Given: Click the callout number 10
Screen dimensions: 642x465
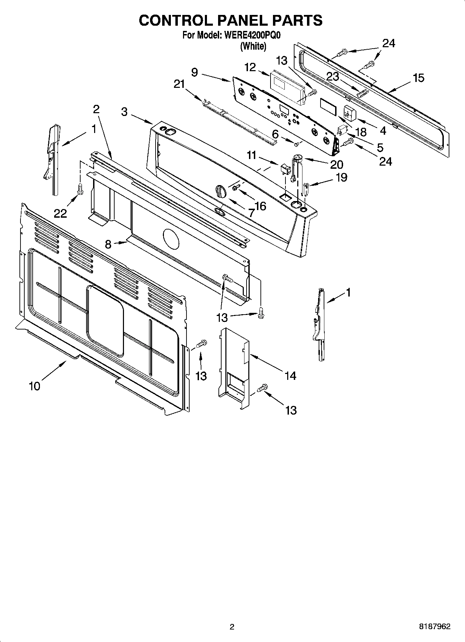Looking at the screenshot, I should click(34, 386).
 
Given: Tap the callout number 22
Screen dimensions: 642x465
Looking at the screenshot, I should click(60, 213).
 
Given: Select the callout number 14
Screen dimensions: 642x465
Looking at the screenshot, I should click(290, 375).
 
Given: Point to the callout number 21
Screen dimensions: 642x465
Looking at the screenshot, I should click(179, 84).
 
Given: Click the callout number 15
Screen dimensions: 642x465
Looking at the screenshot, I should click(419, 78).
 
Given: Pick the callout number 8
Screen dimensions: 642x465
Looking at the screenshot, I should click(108, 244).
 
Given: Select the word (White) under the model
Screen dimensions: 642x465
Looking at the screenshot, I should click(253, 46).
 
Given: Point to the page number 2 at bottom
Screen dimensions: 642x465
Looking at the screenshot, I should click(232, 627).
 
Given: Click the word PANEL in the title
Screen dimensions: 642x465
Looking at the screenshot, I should click(242, 20).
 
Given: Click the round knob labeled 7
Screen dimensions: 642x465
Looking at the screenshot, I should click(221, 191).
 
